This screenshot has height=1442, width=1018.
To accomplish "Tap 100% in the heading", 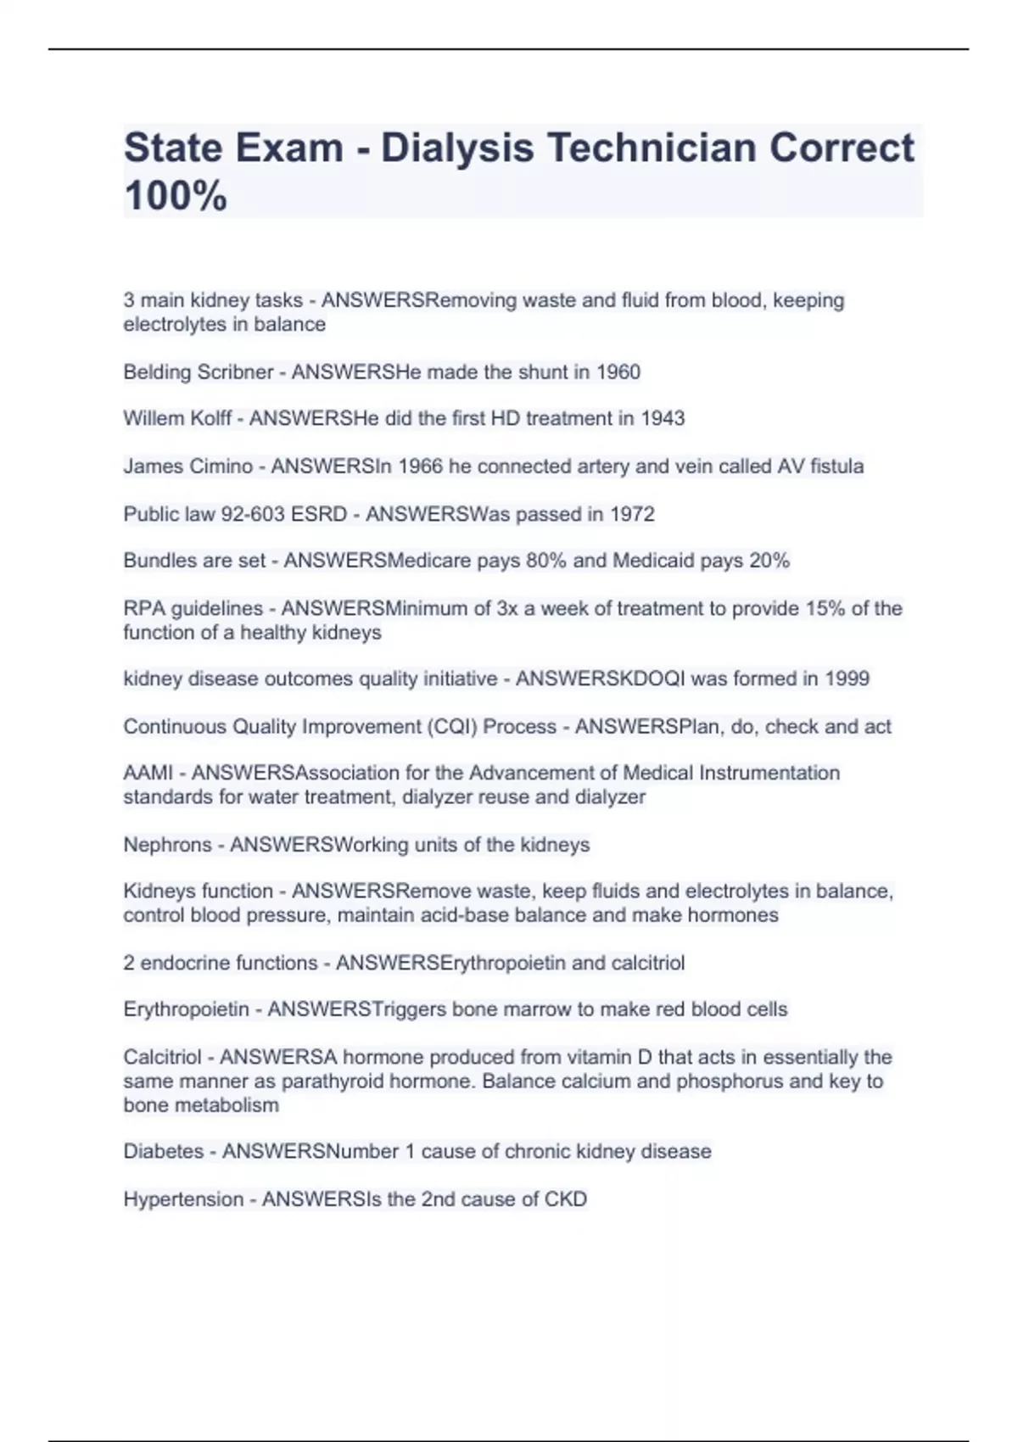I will point(176,196).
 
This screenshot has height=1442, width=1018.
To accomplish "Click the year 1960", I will point(618,372).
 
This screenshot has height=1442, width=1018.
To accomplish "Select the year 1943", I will point(663,419).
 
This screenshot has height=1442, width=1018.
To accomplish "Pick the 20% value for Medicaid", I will point(769,561).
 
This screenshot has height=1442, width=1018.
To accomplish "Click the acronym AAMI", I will point(148,774).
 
